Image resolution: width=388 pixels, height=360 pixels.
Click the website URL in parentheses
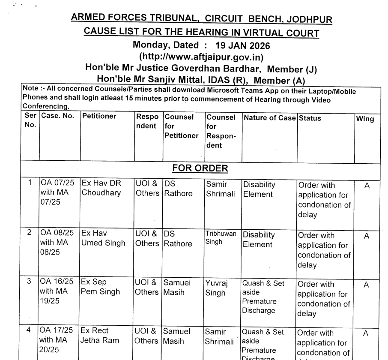pyautogui.click(x=201, y=57)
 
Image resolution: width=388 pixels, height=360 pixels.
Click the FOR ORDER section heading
pyautogui.click(x=200, y=168)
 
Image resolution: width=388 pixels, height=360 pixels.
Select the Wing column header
pyautogui.click(x=365, y=119)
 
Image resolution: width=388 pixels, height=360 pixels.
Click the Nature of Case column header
pyautogui.click(x=269, y=117)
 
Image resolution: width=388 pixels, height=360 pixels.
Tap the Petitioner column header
pyautogui.click(x=99, y=117)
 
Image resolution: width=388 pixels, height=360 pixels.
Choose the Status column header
pyautogui.click(x=309, y=118)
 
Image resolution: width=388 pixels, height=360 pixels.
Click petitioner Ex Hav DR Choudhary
pyautogui.click(x=101, y=188)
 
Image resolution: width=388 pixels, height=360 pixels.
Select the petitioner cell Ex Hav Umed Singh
pyautogui.click(x=103, y=238)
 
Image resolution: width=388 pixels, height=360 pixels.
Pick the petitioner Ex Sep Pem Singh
pyautogui.click(x=101, y=287)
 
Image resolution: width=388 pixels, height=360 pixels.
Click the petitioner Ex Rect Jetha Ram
pyautogui.click(x=100, y=336)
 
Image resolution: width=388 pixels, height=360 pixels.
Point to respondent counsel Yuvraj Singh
pyautogui.click(x=215, y=288)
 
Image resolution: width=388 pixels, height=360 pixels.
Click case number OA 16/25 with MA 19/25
pyautogui.click(x=57, y=291)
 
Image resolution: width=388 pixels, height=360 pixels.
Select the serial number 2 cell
pyautogui.click(x=30, y=233)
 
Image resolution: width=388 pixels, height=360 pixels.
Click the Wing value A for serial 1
pyautogui.click(x=366, y=186)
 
